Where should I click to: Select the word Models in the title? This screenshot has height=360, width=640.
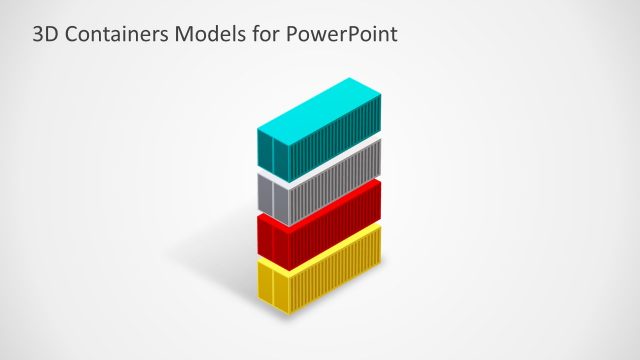(x=207, y=34)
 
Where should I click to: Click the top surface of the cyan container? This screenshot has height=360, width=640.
(x=318, y=105)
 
